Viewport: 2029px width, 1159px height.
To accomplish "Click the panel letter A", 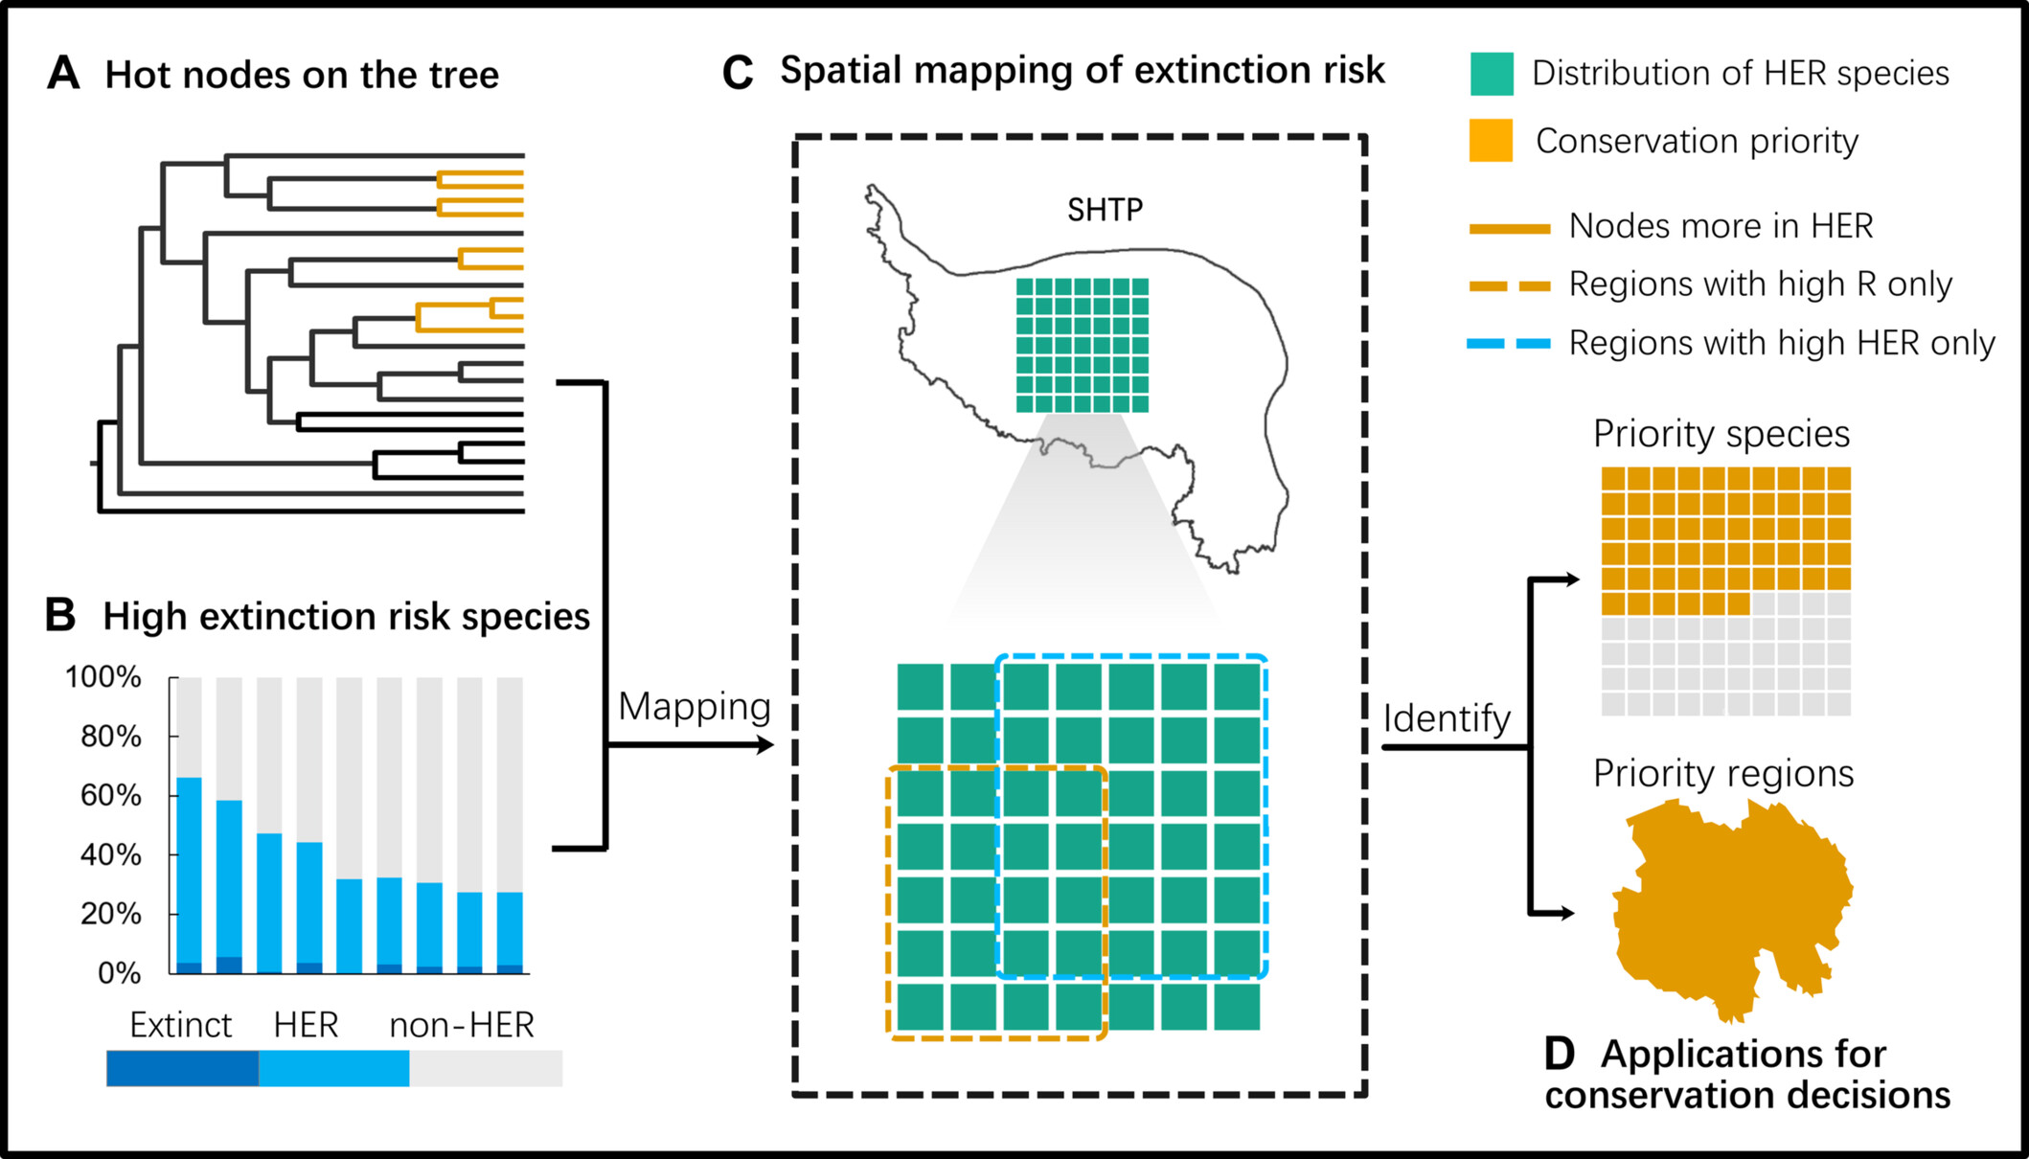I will point(63,73).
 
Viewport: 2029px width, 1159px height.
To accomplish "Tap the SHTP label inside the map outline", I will point(1105,210).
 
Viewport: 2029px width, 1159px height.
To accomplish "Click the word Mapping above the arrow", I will point(694,707).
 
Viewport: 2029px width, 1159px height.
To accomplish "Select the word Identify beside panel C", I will point(1447,718).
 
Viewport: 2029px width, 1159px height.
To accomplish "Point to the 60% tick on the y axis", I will point(111,795).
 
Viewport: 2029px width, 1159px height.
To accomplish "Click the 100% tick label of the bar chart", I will point(103,677).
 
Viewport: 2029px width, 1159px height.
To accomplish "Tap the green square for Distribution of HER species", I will point(1492,74).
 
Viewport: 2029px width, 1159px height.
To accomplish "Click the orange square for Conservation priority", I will point(1491,141).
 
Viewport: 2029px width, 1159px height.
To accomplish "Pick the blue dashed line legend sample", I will point(1509,343).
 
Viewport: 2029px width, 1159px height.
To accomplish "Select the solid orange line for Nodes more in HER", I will point(1509,228).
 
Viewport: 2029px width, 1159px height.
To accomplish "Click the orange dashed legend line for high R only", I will point(1509,285).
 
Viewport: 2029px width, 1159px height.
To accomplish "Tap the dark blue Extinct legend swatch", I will point(182,1068).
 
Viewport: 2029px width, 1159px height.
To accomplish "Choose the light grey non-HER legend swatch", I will point(486,1068).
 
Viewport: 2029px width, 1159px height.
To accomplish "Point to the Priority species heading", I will point(1721,434).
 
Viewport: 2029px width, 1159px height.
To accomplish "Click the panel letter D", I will point(1560,1054).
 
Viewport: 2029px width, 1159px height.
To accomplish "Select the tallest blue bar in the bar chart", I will point(190,872).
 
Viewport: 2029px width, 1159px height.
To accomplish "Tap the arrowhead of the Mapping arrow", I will point(765,744).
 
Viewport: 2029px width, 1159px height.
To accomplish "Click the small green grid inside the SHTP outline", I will point(1082,345).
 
